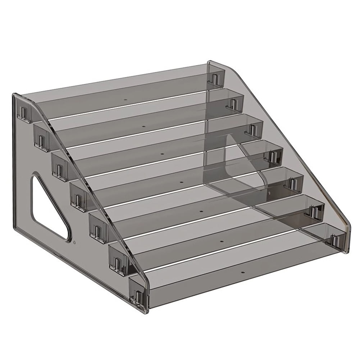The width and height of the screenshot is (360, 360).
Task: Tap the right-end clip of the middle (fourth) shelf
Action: tap(273, 156)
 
